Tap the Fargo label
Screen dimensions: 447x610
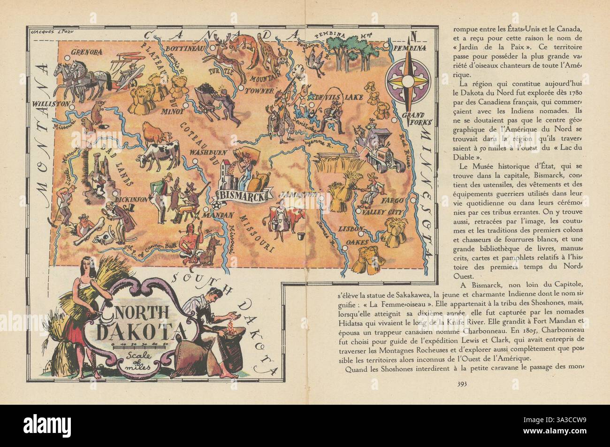[392, 200]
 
